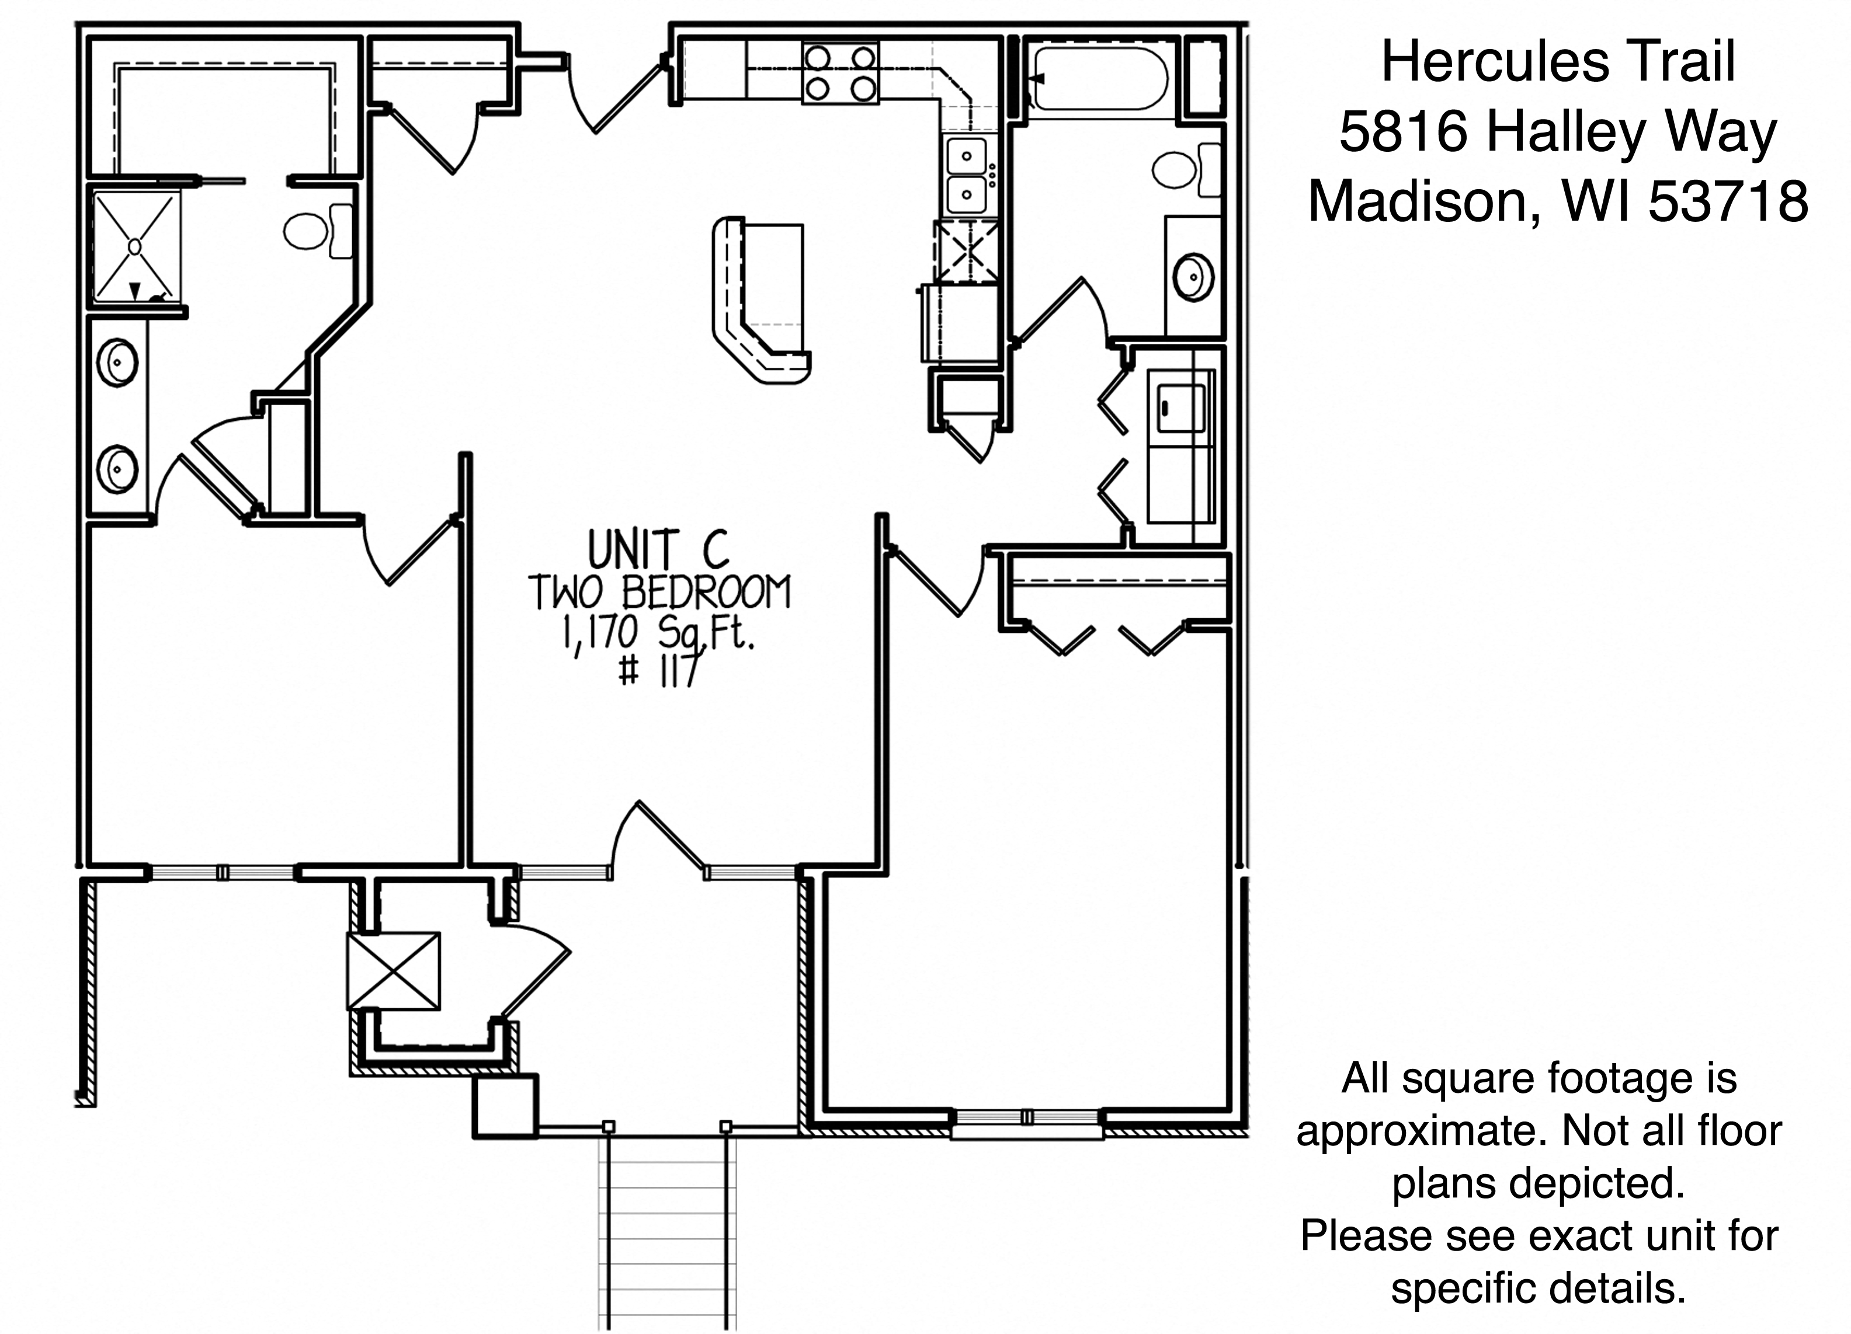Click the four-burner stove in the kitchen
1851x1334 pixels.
tap(840, 74)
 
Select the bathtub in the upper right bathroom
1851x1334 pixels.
tap(1098, 78)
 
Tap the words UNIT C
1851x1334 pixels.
tap(658, 550)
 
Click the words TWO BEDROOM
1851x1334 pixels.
tap(659, 593)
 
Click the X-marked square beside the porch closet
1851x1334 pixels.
tap(393, 971)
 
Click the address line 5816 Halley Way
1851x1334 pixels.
tap(1557, 132)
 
